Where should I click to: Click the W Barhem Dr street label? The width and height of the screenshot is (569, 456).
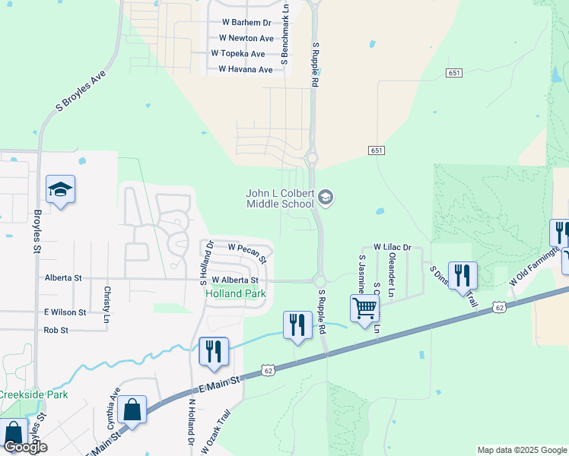(x=246, y=23)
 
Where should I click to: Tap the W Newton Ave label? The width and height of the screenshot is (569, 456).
(x=246, y=38)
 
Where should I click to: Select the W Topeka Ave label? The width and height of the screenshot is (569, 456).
(x=238, y=54)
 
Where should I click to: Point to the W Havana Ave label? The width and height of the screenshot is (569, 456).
(x=245, y=69)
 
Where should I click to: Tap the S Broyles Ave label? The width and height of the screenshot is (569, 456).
(x=80, y=93)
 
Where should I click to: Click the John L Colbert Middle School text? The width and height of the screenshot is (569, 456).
(x=280, y=199)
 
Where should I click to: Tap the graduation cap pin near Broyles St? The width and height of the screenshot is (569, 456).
(x=60, y=189)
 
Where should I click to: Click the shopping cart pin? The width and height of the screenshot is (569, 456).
(x=365, y=309)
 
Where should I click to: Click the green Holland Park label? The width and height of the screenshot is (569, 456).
(x=235, y=293)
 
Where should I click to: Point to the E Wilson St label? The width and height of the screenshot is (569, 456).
(x=65, y=312)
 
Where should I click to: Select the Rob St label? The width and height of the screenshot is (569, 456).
(x=56, y=331)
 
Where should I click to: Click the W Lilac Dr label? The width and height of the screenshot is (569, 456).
(x=392, y=248)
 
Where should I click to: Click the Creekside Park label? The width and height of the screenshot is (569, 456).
(x=33, y=394)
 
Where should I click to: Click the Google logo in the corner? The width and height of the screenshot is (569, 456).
(x=25, y=447)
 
